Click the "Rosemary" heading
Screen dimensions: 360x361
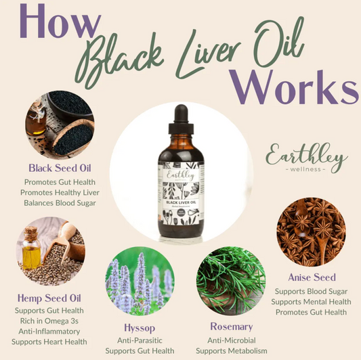tap(231, 326)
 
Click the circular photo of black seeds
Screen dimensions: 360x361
tap(60, 127)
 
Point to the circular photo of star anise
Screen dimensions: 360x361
tap(311, 232)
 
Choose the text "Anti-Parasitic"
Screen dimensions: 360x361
tap(140, 339)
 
